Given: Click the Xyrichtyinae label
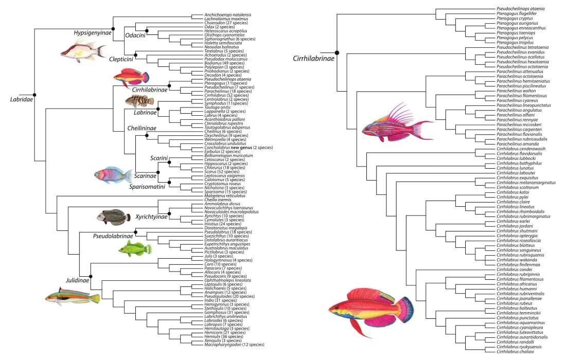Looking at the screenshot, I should [150, 217].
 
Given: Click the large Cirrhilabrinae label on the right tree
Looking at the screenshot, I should [314, 58].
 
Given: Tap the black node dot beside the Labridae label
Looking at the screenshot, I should [34, 94].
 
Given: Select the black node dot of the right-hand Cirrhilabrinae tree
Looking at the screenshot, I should [337, 52].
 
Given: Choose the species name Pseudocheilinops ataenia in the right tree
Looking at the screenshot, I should [521, 9].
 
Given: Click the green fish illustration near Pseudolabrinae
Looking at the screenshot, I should [135, 249].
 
